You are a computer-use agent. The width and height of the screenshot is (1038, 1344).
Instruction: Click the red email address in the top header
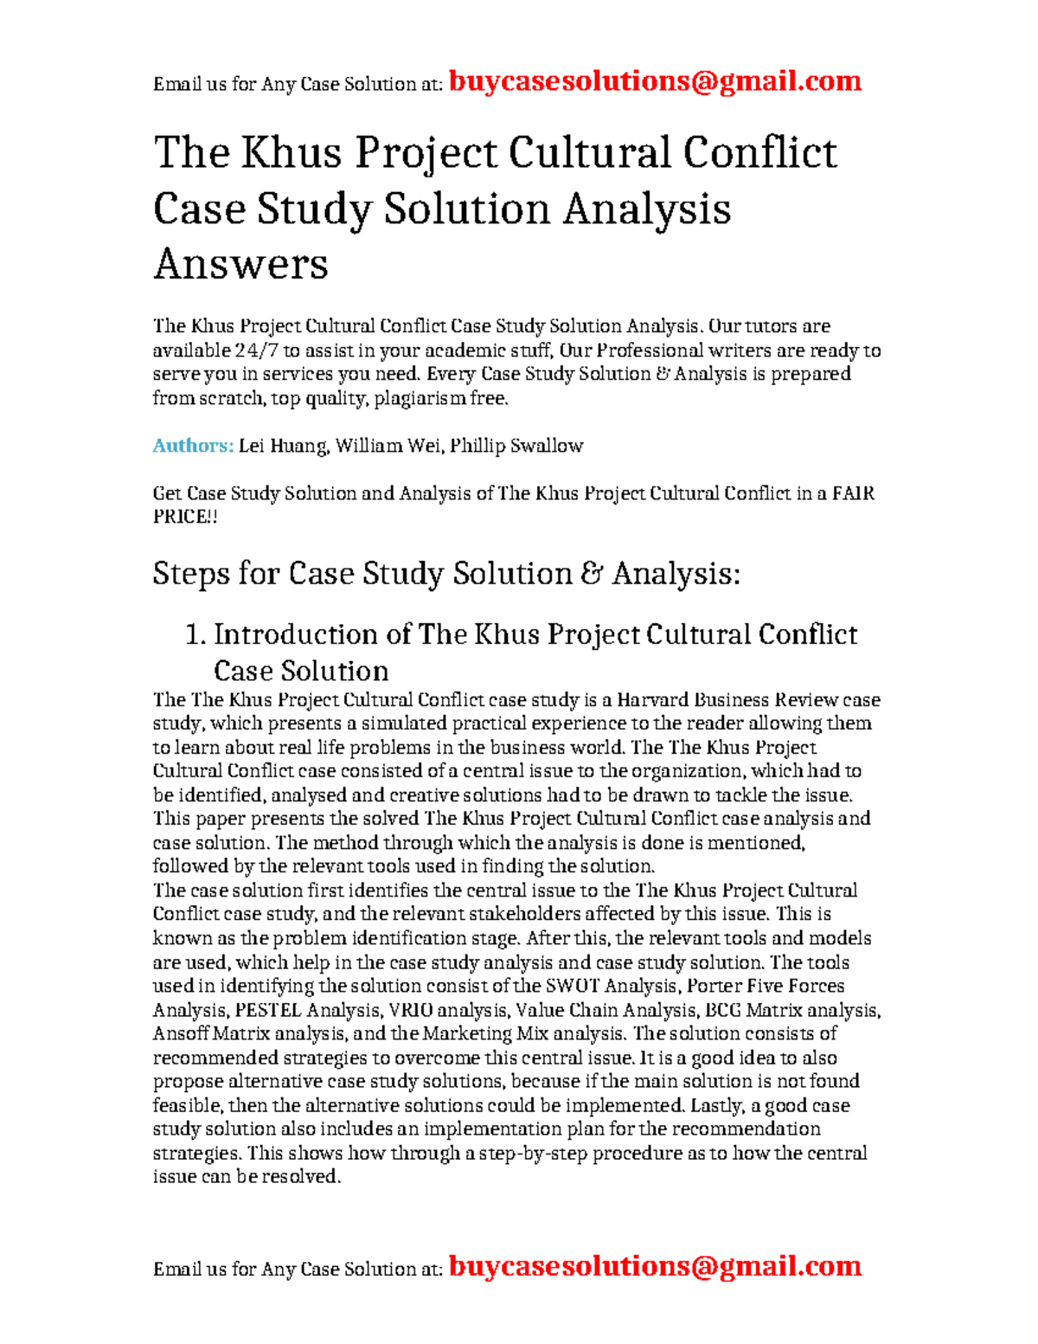click(655, 81)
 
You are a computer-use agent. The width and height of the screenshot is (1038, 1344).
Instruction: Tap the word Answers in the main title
click(240, 264)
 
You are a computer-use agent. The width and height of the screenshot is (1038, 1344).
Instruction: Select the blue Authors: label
click(193, 446)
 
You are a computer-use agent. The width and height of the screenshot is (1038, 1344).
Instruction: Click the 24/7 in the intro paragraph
click(256, 350)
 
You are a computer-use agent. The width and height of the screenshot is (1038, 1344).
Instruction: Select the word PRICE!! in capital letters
click(184, 517)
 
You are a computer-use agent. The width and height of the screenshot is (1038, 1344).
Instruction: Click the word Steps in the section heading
click(190, 574)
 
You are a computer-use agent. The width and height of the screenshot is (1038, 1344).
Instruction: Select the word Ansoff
click(181, 1033)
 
